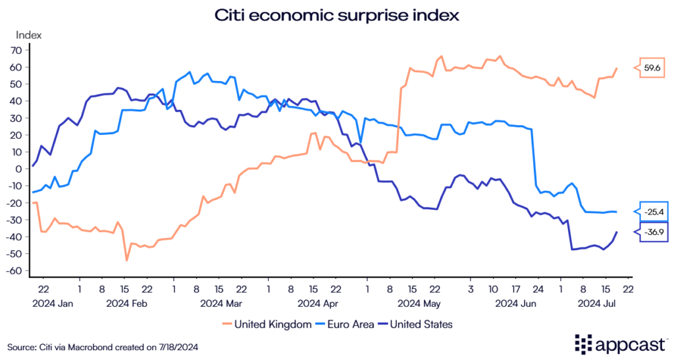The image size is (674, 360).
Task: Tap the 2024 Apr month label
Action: (318, 303)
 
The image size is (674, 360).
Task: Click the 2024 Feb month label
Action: (126, 303)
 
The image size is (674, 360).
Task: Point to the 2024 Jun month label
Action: (516, 303)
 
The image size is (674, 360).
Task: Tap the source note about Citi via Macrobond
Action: (103, 346)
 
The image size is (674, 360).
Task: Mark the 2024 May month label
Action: (419, 303)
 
